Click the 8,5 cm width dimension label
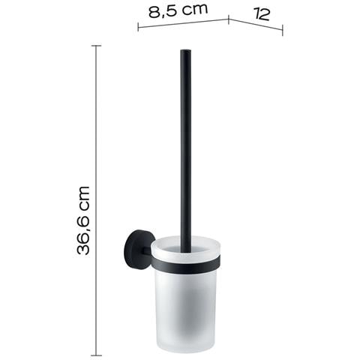pyautogui.click(x=178, y=10)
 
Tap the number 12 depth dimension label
pyautogui.click(x=262, y=14)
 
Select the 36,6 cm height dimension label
pyautogui.click(x=83, y=220)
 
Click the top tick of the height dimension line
pyautogui.click(x=96, y=46)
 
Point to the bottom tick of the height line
pyautogui.click(x=96, y=355)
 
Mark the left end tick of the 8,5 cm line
pyautogui.click(x=138, y=26)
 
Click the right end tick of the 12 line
pyautogui.click(x=283, y=30)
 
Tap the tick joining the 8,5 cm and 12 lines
pyautogui.click(x=229, y=19)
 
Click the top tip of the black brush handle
pyautogui.click(x=186, y=50)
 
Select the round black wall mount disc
pyautogui.click(x=136, y=249)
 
